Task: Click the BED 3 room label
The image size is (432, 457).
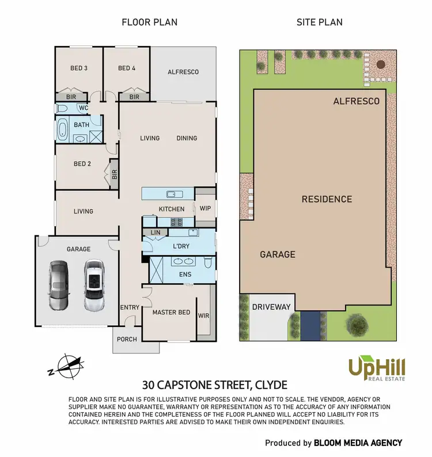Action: pyautogui.click(x=79, y=68)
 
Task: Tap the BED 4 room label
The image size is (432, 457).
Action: pyautogui.click(x=127, y=68)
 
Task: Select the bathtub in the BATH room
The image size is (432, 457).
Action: pyautogui.click(x=63, y=129)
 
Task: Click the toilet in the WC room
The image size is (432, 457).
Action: pyautogui.click(x=63, y=108)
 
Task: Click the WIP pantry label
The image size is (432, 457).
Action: pyautogui.click(x=205, y=209)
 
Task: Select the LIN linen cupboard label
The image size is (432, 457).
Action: pyautogui.click(x=155, y=233)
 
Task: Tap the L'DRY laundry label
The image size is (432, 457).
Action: pyautogui.click(x=181, y=246)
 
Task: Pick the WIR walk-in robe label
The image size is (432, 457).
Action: pyautogui.click(x=203, y=316)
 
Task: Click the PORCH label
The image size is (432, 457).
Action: pyautogui.click(x=127, y=339)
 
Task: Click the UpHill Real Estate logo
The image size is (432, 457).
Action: pyautogui.click(x=377, y=367)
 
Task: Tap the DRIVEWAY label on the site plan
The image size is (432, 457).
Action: pyautogui.click(x=271, y=307)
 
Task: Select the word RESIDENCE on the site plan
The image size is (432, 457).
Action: pyautogui.click(x=327, y=199)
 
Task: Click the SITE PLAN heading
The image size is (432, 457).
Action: pyautogui.click(x=319, y=22)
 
